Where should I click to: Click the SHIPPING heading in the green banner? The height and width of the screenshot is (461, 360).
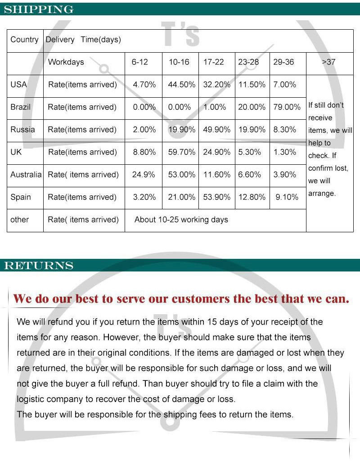tap(39, 9)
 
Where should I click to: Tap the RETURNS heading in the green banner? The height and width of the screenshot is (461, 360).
tap(39, 266)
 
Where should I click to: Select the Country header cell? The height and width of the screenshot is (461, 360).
tap(24, 40)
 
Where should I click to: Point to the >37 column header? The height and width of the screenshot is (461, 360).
tap(328, 62)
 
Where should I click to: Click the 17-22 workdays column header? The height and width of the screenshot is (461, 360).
tap(213, 62)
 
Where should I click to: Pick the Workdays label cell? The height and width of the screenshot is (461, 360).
tap(66, 62)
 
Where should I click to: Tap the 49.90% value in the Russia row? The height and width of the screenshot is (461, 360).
tap(216, 130)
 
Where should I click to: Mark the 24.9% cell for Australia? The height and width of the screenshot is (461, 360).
tap(144, 175)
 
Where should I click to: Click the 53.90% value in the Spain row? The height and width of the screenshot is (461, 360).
tap(216, 197)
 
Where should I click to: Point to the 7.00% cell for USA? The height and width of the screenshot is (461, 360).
tap(284, 85)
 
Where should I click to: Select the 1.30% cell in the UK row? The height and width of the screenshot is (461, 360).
tap(284, 152)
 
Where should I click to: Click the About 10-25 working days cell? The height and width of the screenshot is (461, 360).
tap(181, 220)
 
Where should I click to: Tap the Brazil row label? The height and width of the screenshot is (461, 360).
tap(20, 107)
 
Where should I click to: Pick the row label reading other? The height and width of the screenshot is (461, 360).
tap(19, 220)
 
